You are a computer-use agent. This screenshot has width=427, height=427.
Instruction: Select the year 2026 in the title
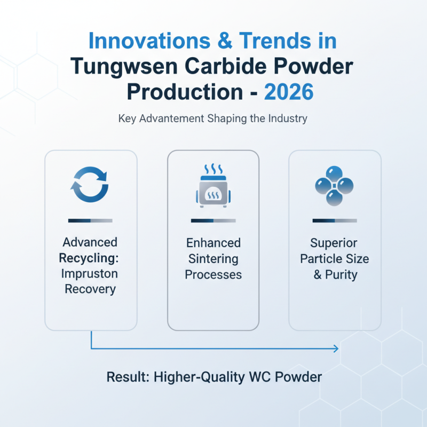click(x=289, y=92)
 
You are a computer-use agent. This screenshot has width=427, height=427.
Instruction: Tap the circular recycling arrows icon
click(x=90, y=185)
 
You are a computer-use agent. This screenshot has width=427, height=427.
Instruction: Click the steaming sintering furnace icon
click(x=213, y=186)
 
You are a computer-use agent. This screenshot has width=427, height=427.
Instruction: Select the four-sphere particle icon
click(x=334, y=186)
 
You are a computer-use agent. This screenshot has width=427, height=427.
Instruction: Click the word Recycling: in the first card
click(x=90, y=258)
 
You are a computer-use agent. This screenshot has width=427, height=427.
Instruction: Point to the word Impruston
click(x=90, y=274)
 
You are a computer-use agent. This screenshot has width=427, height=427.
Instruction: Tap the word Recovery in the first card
click(x=90, y=289)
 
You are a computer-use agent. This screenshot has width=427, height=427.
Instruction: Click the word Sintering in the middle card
click(x=213, y=259)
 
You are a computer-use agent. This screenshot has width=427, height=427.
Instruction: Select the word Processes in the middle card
click(x=213, y=275)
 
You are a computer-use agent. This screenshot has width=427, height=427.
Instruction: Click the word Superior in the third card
click(x=334, y=243)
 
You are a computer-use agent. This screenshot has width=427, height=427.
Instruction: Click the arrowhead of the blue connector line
click(x=336, y=349)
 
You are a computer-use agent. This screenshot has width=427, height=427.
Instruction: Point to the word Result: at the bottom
click(x=128, y=377)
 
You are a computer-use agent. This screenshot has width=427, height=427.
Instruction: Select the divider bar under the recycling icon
click(x=90, y=220)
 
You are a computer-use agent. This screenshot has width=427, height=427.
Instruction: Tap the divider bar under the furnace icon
click(x=213, y=220)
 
